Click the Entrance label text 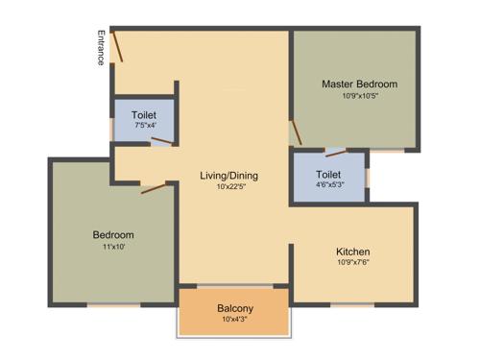click(x=100, y=47)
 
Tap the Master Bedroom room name click(x=359, y=84)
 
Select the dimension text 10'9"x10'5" click(x=359, y=96)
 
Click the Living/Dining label click(x=229, y=176)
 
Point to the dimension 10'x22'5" click(x=229, y=187)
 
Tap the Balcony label click(x=234, y=308)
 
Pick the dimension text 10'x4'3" click(x=234, y=319)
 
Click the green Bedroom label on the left click(x=112, y=235)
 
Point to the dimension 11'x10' click(x=112, y=247)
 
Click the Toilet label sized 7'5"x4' click(x=144, y=113)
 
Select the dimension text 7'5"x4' click(x=144, y=125)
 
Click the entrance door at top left click(x=115, y=45)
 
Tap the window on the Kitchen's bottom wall click(x=351, y=304)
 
